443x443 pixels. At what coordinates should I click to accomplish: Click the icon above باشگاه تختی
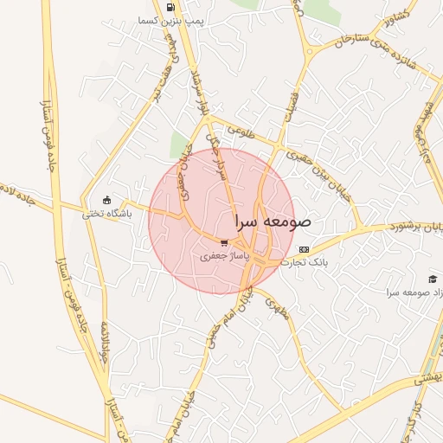[107, 200]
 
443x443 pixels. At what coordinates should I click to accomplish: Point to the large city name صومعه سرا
[273, 221]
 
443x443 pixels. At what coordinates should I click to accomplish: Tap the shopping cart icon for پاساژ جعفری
[225, 244]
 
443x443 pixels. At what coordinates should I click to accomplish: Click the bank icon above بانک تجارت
[303, 249]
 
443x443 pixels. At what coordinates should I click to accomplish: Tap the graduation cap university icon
[432, 279]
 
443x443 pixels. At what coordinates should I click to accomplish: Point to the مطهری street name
[276, 305]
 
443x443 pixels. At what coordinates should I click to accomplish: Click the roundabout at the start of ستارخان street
[310, 52]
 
